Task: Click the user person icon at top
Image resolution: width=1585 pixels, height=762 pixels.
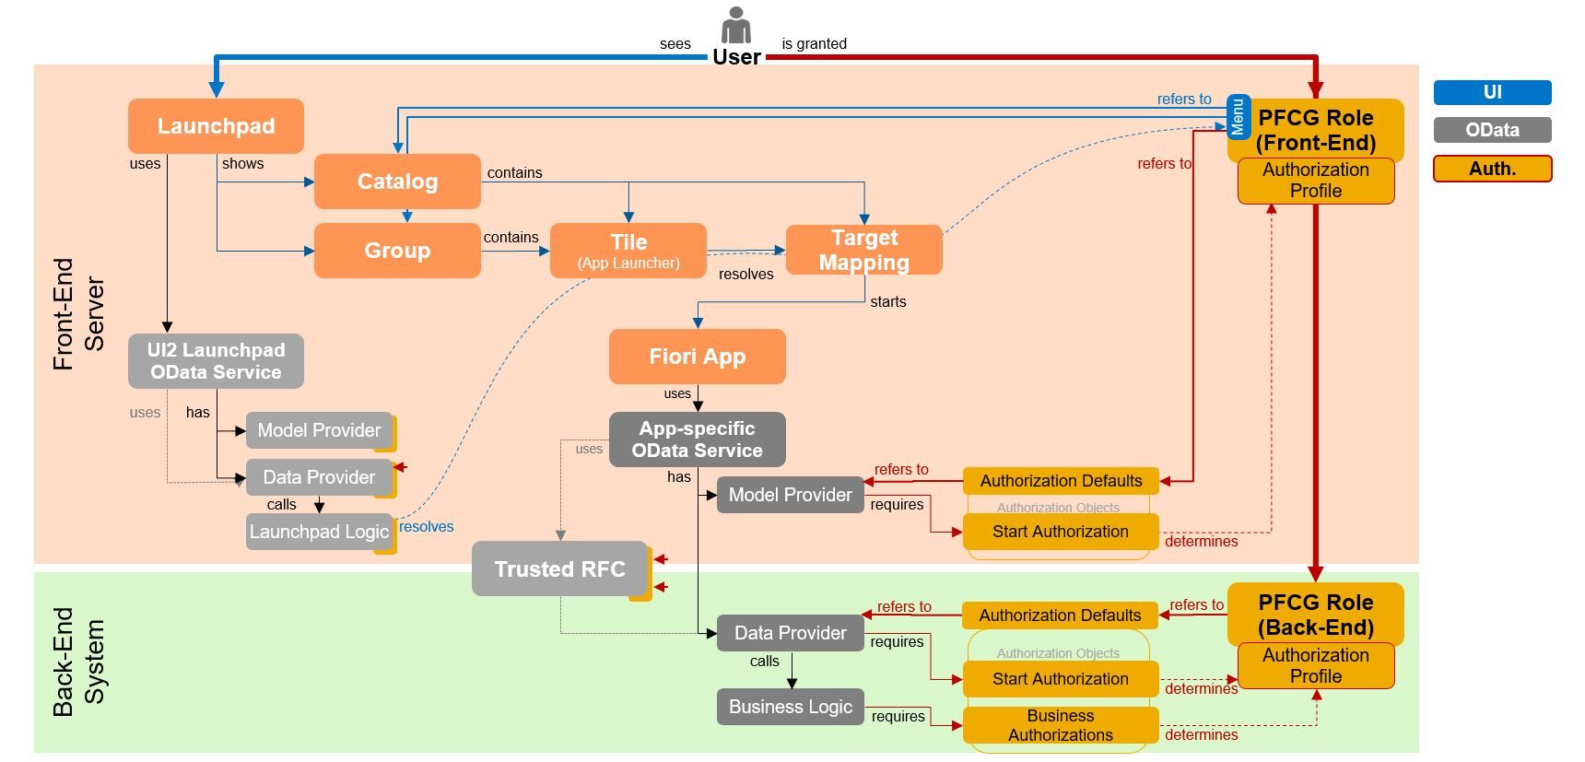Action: pos(735,25)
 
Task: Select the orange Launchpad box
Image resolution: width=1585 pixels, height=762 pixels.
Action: pos(216,126)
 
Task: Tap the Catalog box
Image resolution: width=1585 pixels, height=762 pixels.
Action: pos(397,182)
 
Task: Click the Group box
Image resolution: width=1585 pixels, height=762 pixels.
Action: pos(397,251)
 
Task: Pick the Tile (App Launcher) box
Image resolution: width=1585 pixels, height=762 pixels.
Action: pos(628,251)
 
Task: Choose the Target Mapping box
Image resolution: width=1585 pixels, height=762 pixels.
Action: pos(863,250)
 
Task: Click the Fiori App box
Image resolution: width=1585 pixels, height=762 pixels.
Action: pos(697,357)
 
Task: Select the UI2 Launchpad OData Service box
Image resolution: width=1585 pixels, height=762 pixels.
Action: pos(216,361)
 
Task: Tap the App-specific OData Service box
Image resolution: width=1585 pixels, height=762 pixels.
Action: pos(697,440)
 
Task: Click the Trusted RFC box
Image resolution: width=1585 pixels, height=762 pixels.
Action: pos(559,569)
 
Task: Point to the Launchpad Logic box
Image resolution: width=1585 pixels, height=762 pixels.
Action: pos(319,532)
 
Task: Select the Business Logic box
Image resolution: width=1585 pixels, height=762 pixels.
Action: pos(791,707)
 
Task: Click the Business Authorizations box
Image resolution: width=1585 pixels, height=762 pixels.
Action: pos(1060,725)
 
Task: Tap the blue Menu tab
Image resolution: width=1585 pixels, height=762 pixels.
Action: pos(1239,116)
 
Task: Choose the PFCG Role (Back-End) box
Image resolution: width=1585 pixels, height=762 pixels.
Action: pos(1315,615)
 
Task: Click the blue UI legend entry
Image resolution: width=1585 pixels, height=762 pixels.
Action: pos(1492,92)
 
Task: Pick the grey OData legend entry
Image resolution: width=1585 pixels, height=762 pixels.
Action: pos(1492,130)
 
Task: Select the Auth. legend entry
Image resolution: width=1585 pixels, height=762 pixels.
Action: pos(1492,169)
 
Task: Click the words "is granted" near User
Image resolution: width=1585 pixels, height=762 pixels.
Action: pos(814,43)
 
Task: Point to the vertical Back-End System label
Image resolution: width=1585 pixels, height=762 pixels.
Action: pos(78,662)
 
